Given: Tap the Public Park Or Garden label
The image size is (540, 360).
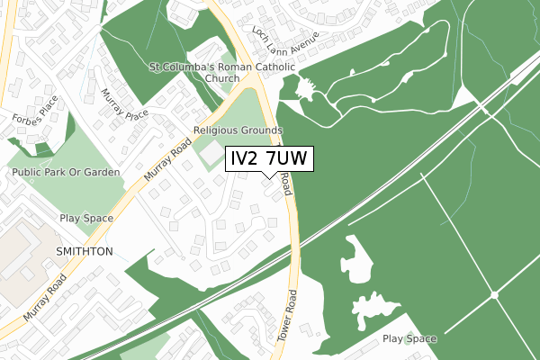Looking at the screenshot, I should point(66,172).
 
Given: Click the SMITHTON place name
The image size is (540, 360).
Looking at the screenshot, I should point(84,252).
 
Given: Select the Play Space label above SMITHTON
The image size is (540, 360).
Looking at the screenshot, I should point(86,219).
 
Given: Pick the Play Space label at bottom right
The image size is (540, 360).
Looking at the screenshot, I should point(409,339).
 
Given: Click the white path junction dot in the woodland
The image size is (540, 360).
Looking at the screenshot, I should point(495,295).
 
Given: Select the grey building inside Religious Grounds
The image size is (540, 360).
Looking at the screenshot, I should point(211,155).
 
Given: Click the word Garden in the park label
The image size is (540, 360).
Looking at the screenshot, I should point(103,172).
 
